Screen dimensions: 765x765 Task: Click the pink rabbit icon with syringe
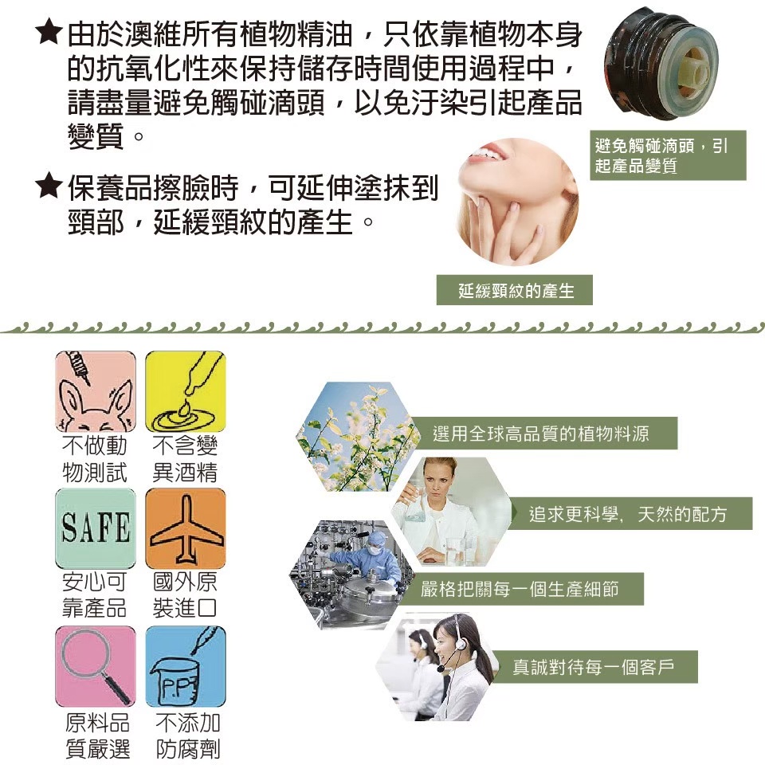[96, 391]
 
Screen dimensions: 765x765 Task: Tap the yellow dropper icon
[186, 391]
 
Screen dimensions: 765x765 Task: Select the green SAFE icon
[96, 528]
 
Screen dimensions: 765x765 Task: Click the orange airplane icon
[186, 528]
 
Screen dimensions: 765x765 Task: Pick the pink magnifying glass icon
[96, 666]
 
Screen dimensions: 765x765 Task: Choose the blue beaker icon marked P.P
[186, 666]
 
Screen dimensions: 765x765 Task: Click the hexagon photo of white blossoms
[358, 436]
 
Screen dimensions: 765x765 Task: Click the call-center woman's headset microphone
[441, 668]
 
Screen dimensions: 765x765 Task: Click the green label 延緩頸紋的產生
[514, 290]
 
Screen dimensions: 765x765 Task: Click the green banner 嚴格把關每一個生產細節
[520, 589]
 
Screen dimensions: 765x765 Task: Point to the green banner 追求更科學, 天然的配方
[629, 514]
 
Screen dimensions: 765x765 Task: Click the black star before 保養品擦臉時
[49, 186]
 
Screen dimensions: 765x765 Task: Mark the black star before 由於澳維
[49, 31]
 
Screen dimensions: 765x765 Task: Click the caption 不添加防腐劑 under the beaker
[188, 736]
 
